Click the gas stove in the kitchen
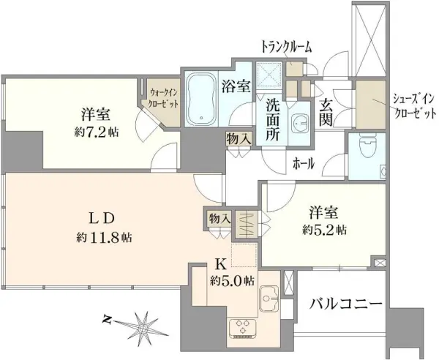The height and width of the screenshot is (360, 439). pos(242,327)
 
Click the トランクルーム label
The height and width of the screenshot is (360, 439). pos(286,46)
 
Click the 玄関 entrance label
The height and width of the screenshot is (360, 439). pos(324,110)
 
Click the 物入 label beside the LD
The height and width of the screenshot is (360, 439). pos(219,219)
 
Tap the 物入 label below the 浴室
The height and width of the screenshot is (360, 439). pos(238,138)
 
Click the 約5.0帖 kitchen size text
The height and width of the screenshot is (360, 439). pos(231,280)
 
